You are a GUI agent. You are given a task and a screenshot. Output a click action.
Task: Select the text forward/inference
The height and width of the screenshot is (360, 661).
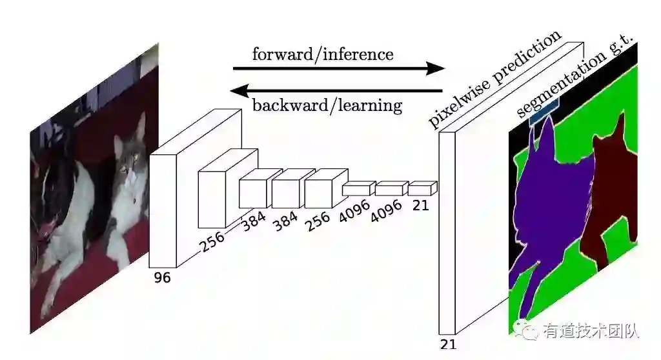click(322, 54)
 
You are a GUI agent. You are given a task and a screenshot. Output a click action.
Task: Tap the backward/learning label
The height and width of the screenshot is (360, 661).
click(327, 105)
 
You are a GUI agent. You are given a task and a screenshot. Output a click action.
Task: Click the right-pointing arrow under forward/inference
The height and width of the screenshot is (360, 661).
click(339, 68)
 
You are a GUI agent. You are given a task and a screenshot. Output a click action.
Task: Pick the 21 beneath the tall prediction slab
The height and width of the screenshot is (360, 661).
click(447, 344)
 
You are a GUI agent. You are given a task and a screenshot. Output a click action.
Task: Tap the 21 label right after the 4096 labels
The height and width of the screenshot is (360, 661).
click(421, 205)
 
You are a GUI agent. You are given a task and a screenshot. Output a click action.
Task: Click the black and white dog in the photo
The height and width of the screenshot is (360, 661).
click(65, 206)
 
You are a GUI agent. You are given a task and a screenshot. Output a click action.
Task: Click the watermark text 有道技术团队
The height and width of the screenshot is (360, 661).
click(591, 331)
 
